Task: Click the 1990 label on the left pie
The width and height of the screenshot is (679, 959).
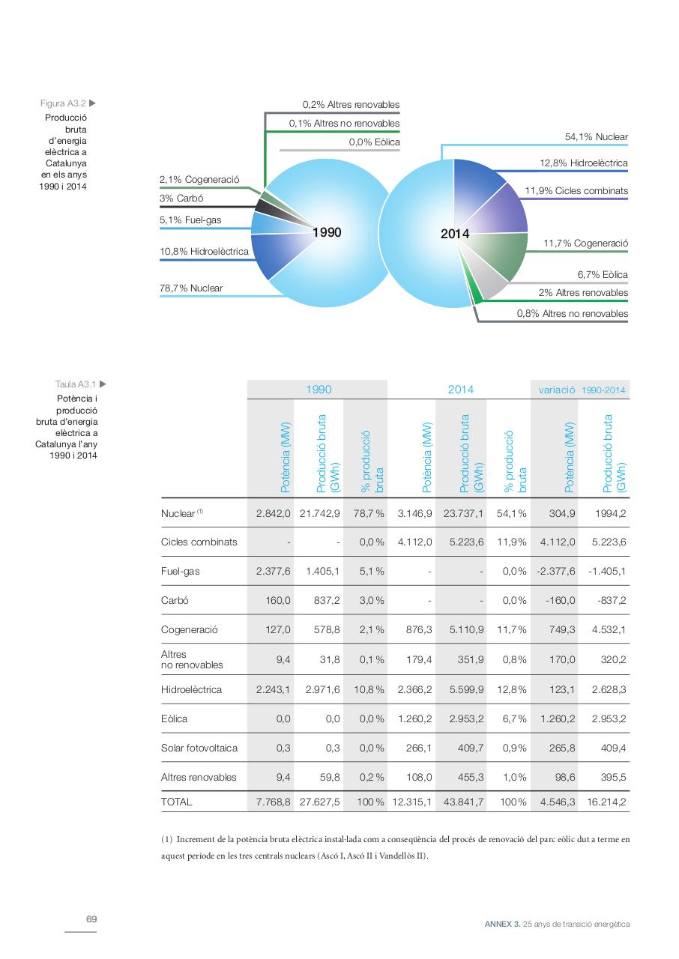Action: click(x=327, y=232)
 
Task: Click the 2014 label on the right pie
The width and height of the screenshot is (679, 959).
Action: click(x=455, y=234)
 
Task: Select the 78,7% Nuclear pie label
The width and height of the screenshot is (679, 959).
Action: click(x=191, y=288)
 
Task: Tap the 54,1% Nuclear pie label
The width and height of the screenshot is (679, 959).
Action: click(x=596, y=137)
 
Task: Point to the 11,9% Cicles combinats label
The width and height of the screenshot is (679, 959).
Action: click(x=576, y=191)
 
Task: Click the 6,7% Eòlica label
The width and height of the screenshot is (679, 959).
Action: click(x=603, y=275)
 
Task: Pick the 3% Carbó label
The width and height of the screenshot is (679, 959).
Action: click(x=181, y=199)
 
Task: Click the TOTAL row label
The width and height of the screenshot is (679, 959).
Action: click(x=176, y=802)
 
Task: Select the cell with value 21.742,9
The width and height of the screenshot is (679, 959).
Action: click(x=320, y=513)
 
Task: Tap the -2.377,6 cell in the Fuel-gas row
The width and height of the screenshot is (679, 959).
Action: click(x=555, y=571)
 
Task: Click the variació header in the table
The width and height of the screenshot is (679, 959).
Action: click(x=556, y=390)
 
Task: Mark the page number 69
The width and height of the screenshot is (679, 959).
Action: click(x=91, y=919)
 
